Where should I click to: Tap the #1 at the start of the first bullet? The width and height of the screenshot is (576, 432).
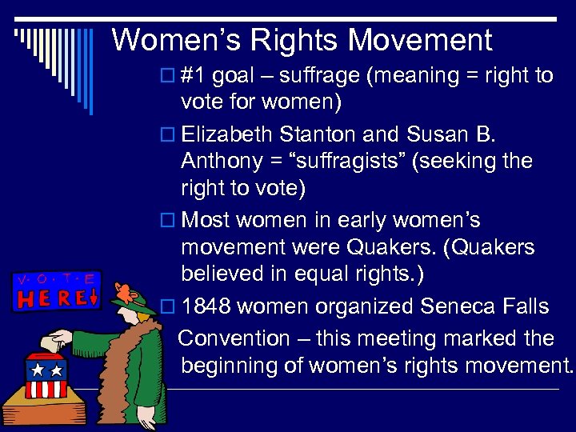point(194,76)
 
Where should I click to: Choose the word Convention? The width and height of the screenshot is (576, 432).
point(234,338)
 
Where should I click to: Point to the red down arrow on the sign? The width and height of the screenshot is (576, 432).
point(93,298)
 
